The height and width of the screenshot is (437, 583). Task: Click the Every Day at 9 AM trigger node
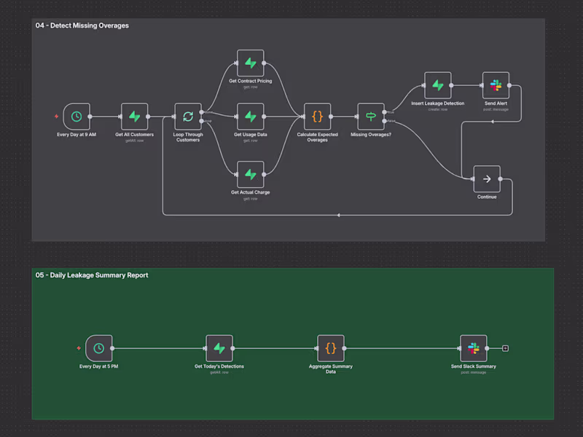(77, 116)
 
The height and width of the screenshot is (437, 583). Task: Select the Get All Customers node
(135, 116)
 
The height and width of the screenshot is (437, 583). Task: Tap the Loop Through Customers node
(188, 116)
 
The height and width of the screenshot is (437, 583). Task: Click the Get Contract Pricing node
(250, 63)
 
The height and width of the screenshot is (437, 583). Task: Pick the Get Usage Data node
(250, 116)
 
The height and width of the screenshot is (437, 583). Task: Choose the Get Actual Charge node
(250, 174)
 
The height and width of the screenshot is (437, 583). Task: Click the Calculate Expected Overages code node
(318, 116)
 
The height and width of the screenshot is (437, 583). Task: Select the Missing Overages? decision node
(371, 116)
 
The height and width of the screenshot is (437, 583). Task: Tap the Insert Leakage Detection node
(437, 85)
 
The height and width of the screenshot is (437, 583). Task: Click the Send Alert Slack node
(496, 85)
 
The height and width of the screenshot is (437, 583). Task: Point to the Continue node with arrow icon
(486, 178)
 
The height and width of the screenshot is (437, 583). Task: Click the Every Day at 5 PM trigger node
(98, 348)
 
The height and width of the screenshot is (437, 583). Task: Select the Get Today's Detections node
(219, 348)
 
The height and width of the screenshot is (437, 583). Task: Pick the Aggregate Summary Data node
(331, 348)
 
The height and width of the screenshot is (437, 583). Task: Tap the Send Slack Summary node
(474, 348)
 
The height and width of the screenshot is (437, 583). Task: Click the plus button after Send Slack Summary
(506, 348)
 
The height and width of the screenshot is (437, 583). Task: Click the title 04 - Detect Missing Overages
(82, 25)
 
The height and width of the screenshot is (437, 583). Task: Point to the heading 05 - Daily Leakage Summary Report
(92, 275)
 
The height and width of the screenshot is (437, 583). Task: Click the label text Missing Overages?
(371, 135)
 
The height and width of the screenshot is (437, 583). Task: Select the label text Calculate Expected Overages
(318, 137)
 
